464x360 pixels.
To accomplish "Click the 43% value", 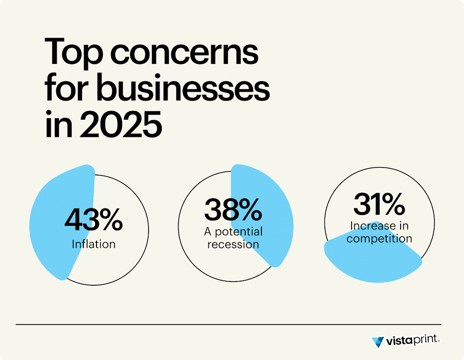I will [93, 220].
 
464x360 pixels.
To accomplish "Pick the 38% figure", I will [233, 209].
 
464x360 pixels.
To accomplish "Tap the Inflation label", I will [93, 244].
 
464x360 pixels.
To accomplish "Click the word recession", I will [233, 244].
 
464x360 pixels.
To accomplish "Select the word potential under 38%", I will [239, 232].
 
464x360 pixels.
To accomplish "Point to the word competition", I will [379, 238].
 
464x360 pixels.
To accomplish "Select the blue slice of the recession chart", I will [267, 218].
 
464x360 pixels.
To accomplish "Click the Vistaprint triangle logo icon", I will [377, 341].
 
